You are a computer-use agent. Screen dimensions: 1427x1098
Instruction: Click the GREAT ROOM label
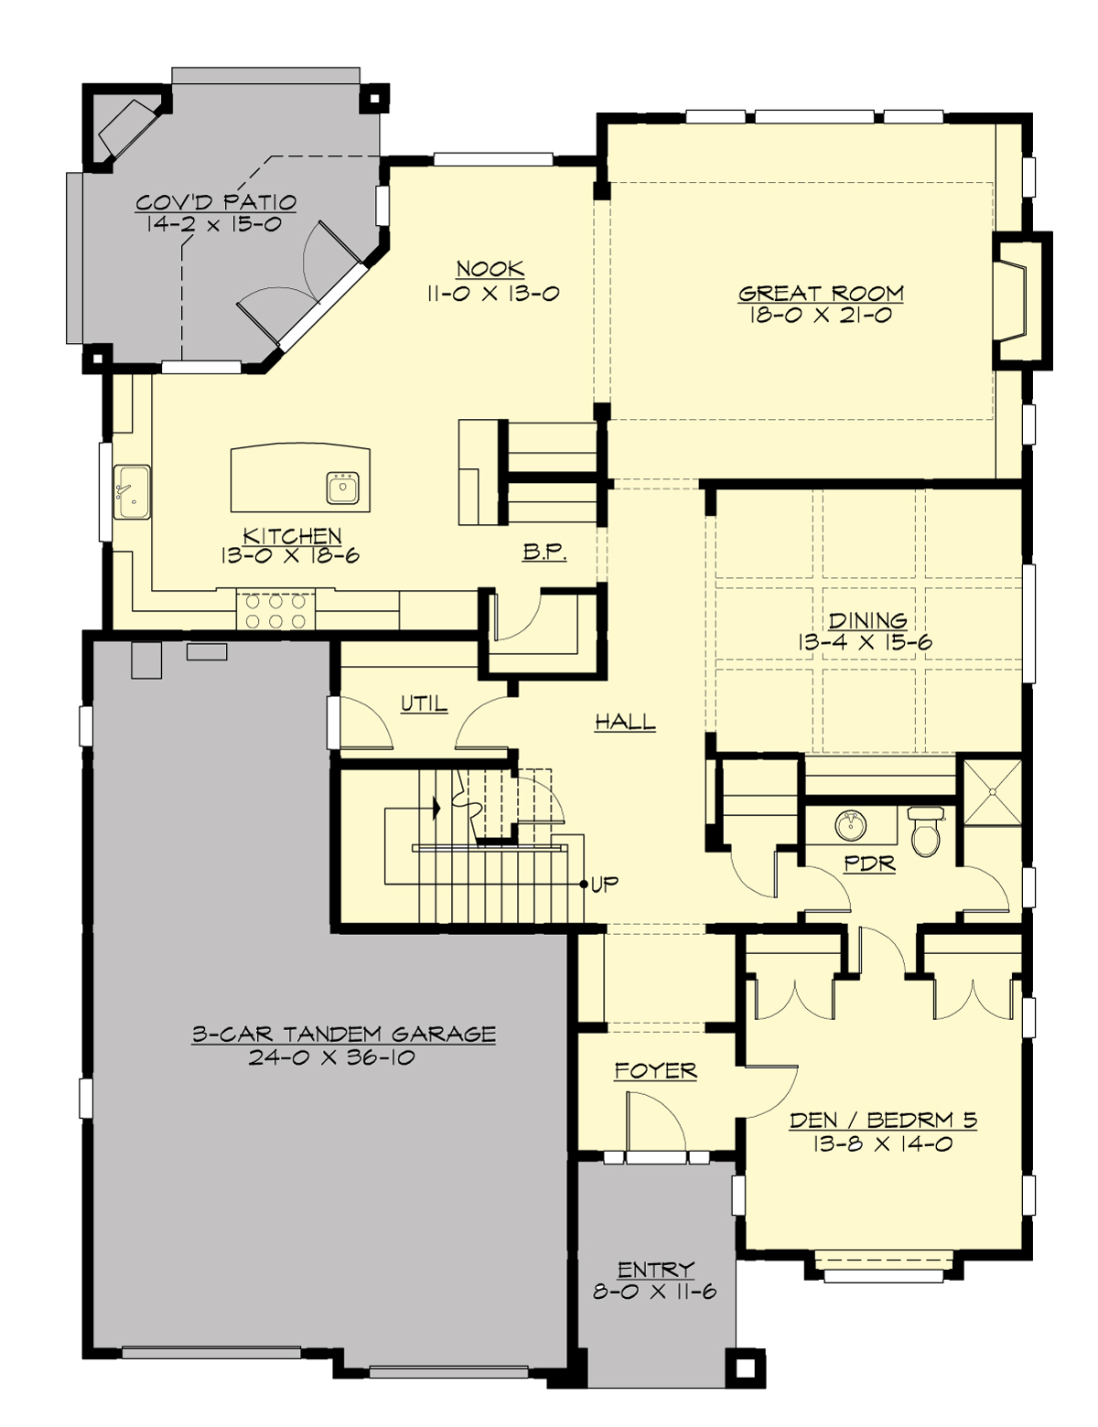(821, 294)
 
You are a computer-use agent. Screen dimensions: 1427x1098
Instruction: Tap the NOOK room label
(490, 269)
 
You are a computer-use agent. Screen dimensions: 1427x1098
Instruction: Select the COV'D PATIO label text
(216, 202)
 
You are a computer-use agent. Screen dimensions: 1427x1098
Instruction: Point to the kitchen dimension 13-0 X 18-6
(289, 555)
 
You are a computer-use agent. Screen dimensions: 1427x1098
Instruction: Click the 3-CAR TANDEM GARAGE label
(343, 1035)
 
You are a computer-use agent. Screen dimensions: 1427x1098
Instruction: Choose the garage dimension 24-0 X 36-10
(331, 1058)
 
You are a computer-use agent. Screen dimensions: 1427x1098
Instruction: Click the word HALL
(626, 723)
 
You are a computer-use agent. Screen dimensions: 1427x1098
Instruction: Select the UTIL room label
(424, 703)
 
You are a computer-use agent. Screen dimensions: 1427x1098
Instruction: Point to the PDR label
(868, 863)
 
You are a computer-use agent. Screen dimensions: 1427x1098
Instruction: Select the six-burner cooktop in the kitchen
(275, 611)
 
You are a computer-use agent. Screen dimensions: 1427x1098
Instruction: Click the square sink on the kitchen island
(344, 487)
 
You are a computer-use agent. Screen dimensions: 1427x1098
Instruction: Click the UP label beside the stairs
(604, 884)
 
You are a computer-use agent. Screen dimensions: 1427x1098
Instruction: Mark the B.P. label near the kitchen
(545, 552)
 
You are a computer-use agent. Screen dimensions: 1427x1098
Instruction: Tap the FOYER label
(655, 1070)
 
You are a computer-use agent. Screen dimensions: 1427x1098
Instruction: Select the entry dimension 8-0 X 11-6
(654, 1292)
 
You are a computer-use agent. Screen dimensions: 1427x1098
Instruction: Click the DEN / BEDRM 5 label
(883, 1120)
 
